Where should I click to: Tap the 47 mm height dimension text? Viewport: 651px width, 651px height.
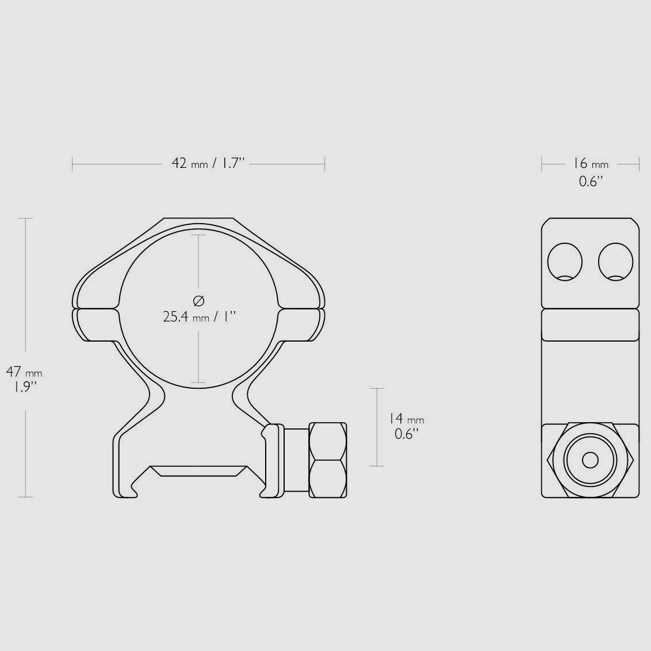(24, 372)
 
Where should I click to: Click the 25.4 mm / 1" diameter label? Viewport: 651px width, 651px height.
(199, 316)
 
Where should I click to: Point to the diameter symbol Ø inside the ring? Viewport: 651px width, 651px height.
(198, 300)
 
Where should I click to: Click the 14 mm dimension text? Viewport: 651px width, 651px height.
(406, 419)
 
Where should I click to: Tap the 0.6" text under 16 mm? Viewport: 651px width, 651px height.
(590, 181)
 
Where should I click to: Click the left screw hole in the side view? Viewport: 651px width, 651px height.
(565, 262)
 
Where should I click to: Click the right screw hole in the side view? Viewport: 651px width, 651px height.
(615, 262)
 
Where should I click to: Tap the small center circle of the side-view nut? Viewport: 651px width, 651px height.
(590, 460)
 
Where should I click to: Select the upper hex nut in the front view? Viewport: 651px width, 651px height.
(328, 441)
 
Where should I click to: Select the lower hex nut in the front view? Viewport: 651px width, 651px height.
(328, 478)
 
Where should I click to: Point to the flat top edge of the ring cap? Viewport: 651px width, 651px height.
(198, 219)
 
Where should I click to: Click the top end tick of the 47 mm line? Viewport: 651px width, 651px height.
(25, 219)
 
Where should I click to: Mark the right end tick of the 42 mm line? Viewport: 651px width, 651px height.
(325, 164)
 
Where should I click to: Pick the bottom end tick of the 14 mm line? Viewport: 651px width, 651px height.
(376, 466)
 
